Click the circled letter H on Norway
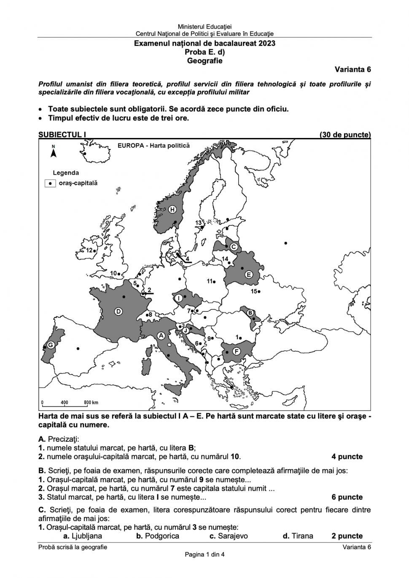click(172, 210)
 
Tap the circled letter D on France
click(118, 311)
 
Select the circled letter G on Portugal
click(50, 345)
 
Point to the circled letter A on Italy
click(161, 335)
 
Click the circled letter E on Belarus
click(249, 275)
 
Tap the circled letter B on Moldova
click(250, 313)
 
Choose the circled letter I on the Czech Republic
click(179, 298)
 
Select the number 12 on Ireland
click(89, 250)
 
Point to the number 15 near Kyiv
click(254, 291)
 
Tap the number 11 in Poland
click(210, 281)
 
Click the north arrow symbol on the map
click(54, 152)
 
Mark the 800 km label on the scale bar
click(91, 402)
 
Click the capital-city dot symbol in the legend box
click(50, 184)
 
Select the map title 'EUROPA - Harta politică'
click(154, 146)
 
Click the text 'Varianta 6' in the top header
click(352, 69)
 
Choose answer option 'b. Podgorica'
click(158, 536)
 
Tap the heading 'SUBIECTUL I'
click(62, 135)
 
